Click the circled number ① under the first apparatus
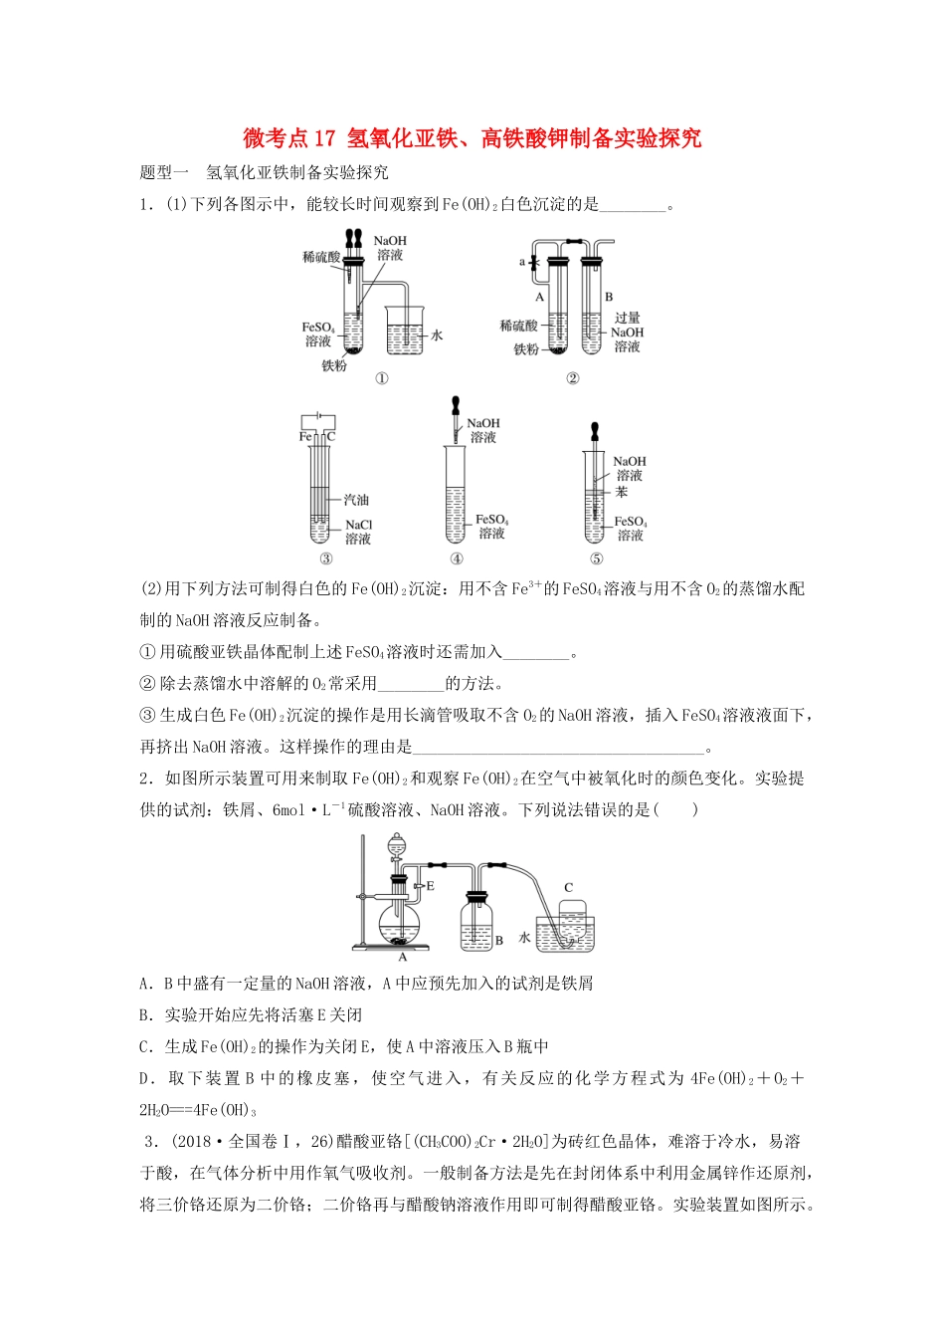pyautogui.click(x=381, y=378)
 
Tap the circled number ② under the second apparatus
pyautogui.click(x=572, y=378)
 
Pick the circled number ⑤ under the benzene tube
pyautogui.click(x=596, y=558)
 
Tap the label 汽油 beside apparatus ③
pyautogui.click(x=356, y=500)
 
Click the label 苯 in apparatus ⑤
pyautogui.click(x=622, y=492)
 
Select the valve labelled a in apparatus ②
pyautogui.click(x=534, y=263)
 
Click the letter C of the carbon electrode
pyautogui.click(x=331, y=437)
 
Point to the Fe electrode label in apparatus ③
pyautogui.click(x=305, y=437)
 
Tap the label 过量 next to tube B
pyautogui.click(x=627, y=319)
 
